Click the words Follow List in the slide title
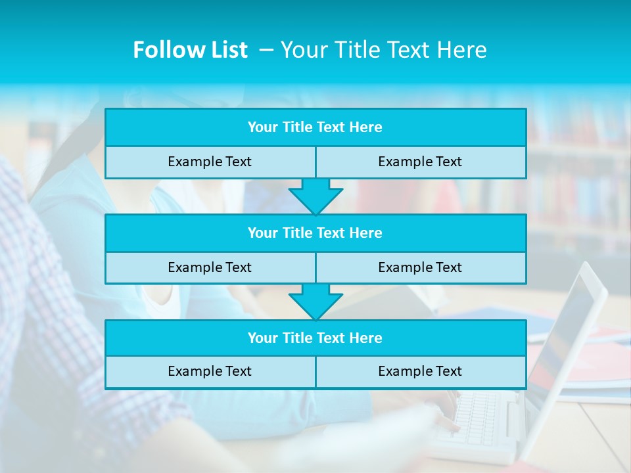[190, 50]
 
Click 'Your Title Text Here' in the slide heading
[383, 50]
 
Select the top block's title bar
[315, 127]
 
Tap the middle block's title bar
[315, 233]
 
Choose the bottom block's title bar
[315, 338]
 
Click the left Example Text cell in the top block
[210, 162]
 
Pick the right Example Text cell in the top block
[420, 162]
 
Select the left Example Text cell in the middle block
[210, 267]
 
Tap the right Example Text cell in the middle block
[420, 267]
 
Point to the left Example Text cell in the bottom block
[210, 371]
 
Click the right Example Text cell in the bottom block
[420, 371]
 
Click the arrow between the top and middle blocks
[315, 196]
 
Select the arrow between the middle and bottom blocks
[315, 302]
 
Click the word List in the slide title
[227, 50]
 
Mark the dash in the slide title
[266, 50]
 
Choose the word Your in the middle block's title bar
[262, 233]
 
